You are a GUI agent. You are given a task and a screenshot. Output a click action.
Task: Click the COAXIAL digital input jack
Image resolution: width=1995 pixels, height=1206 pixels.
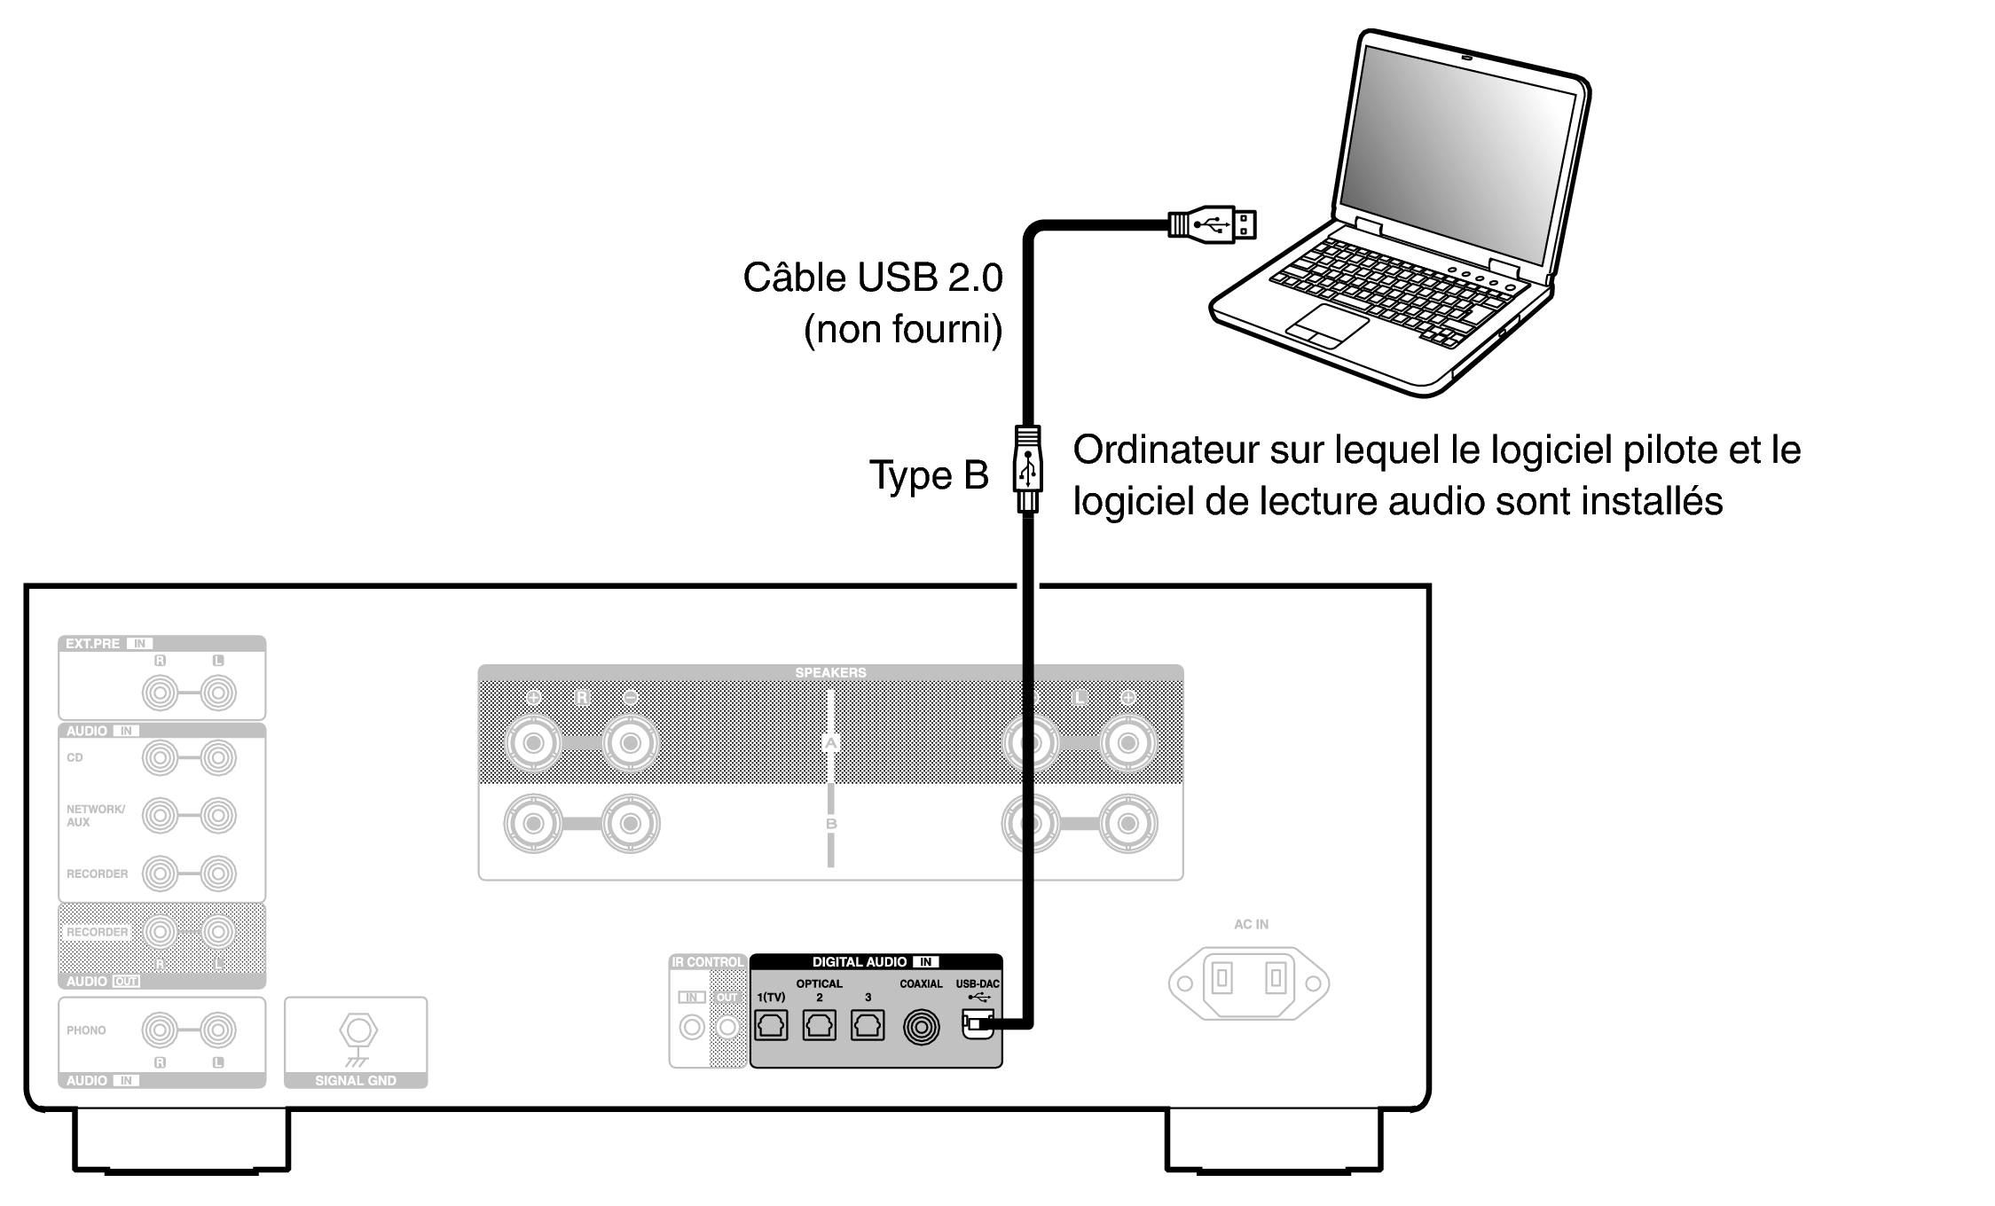(921, 1027)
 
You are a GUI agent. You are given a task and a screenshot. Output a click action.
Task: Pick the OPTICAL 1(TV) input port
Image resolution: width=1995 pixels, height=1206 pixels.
(771, 1026)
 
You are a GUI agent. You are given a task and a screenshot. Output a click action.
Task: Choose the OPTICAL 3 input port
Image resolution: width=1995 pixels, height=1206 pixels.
(867, 1026)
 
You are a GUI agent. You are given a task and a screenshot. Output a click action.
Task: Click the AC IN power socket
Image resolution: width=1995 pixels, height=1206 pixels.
(1249, 982)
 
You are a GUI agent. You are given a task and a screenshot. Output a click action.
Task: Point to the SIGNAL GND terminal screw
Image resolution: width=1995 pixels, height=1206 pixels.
(357, 1030)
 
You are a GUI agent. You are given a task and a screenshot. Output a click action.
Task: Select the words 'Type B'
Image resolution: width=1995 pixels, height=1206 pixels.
(928, 475)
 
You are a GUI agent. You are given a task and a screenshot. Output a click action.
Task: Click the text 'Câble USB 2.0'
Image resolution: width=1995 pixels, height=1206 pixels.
(872, 278)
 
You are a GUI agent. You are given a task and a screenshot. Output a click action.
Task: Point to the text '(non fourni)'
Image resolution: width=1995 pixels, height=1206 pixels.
(902, 329)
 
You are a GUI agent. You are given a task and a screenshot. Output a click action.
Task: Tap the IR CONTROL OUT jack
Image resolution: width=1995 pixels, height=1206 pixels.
(727, 1027)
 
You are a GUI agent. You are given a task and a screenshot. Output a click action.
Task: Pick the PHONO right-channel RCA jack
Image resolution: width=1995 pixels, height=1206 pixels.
(160, 1030)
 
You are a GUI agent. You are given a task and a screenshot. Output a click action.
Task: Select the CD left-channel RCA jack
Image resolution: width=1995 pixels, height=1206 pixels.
(218, 758)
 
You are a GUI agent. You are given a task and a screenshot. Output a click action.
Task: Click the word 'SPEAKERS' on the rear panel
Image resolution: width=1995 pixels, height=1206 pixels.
(830, 672)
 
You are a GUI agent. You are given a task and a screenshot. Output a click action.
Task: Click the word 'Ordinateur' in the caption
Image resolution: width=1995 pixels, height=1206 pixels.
(1165, 450)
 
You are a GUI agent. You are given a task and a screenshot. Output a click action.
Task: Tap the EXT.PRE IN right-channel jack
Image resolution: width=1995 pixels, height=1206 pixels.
(160, 693)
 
